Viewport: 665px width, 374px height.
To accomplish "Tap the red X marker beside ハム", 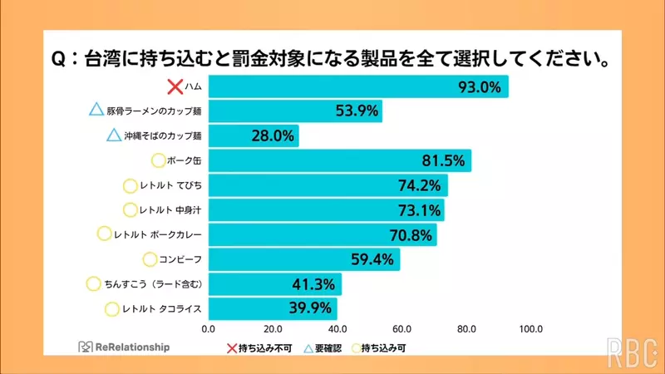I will tap(175, 86).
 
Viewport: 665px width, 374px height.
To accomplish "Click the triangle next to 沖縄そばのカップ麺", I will tap(115, 135).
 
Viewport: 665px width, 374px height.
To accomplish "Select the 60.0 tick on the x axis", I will tap(402, 328).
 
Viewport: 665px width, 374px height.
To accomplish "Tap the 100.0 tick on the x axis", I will tap(530, 328).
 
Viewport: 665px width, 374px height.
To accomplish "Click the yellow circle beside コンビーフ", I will tap(150, 260).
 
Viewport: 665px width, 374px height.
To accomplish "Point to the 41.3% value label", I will tap(313, 284).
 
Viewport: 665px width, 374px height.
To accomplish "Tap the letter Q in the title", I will tap(59, 60).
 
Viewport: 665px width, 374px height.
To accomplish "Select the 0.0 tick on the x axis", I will tap(209, 328).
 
